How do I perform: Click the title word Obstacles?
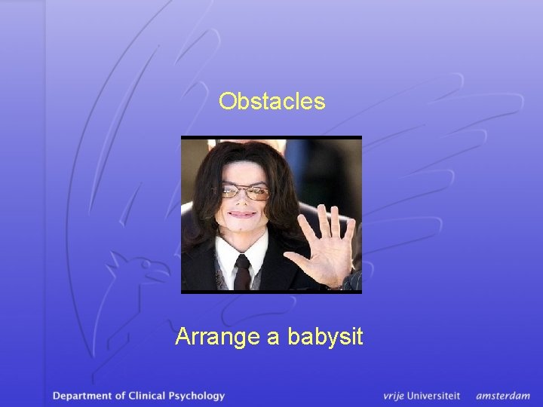pos(271,101)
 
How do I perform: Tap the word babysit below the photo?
pos(325,336)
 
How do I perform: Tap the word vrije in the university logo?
pos(395,395)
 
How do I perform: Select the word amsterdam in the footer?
pos(502,395)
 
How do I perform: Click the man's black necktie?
pos(242,272)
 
